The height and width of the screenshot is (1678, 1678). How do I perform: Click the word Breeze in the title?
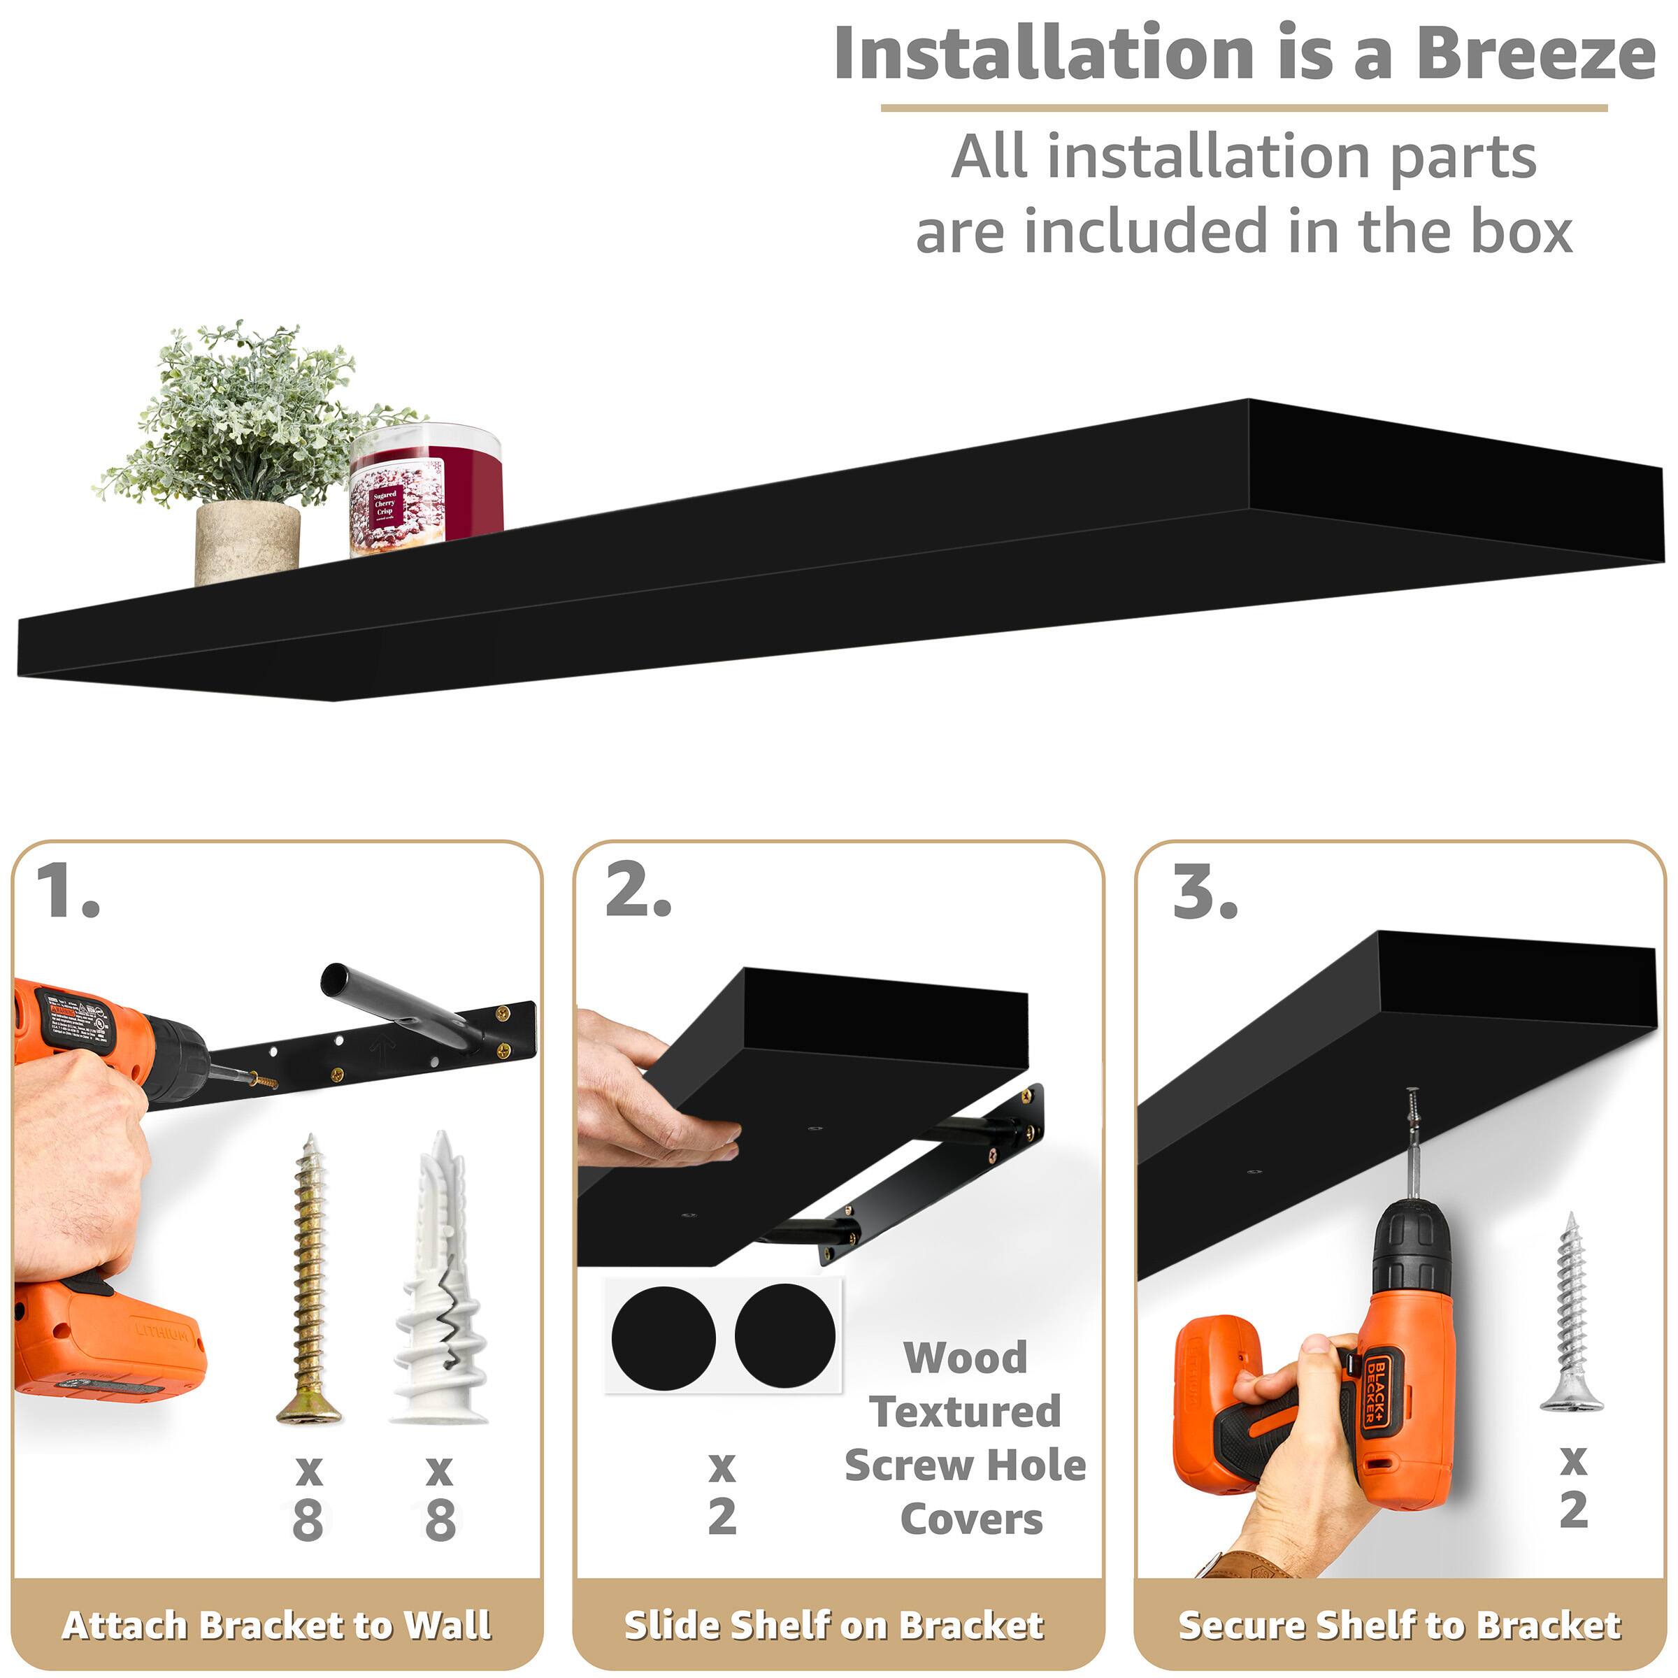coord(1535,54)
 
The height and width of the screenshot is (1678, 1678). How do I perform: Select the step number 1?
coord(68,893)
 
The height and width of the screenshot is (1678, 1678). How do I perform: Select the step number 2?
coord(638,893)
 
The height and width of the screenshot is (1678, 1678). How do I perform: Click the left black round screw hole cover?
coord(663,1338)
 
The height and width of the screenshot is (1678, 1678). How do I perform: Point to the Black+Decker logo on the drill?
coord(1379,1388)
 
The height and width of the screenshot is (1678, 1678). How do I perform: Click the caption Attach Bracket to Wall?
coord(276,1626)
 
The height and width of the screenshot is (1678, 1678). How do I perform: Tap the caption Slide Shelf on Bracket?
coord(834,1626)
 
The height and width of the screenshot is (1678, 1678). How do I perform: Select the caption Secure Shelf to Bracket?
coord(1399,1626)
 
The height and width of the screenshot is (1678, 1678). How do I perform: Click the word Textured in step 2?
coord(965,1412)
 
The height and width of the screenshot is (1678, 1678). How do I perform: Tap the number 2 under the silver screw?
coord(1573,1510)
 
